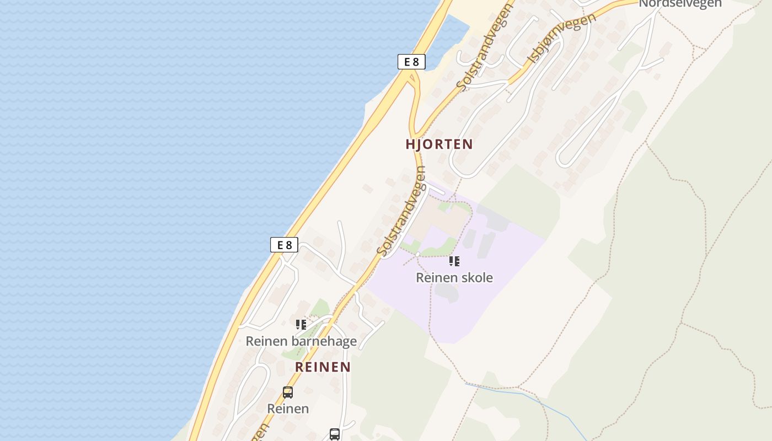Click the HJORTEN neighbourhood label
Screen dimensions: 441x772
pyautogui.click(x=439, y=144)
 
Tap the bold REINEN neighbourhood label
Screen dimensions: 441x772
pyautogui.click(x=323, y=367)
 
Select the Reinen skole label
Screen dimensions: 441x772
pyautogui.click(x=454, y=278)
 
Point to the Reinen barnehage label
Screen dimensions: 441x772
pyautogui.click(x=301, y=342)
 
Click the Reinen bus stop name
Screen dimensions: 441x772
pyautogui.click(x=288, y=409)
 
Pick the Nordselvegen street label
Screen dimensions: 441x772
pyautogui.click(x=680, y=4)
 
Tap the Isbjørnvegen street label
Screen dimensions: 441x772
pyautogui.click(x=562, y=38)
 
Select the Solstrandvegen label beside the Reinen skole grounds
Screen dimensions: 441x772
pyautogui.click(x=403, y=218)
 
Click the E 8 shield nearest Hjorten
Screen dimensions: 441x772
pyautogui.click(x=411, y=62)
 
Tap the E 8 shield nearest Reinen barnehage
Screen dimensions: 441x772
pyautogui.click(x=284, y=245)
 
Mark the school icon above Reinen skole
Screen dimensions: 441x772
pyautogui.click(x=454, y=261)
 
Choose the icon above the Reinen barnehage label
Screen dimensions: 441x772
pyautogui.click(x=301, y=325)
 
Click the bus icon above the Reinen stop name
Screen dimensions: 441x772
pyautogui.click(x=288, y=392)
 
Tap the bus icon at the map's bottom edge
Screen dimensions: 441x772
pyautogui.click(x=335, y=434)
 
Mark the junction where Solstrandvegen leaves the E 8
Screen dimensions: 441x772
pyautogui.click(x=411, y=83)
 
